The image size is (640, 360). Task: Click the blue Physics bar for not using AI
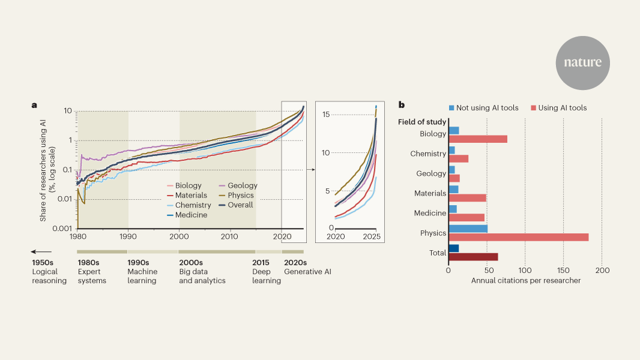(468, 229)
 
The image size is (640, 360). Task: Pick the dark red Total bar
(473, 257)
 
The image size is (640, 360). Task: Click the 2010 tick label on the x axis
(231, 237)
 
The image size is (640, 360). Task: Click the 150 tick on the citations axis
(563, 270)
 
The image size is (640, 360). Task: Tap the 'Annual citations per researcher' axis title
(526, 281)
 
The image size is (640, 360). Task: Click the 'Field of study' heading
(422, 122)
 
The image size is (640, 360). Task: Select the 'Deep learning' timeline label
(267, 276)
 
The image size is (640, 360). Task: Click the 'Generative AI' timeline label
(307, 272)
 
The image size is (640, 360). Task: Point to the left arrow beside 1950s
(41, 252)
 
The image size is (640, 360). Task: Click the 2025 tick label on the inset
(372, 237)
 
